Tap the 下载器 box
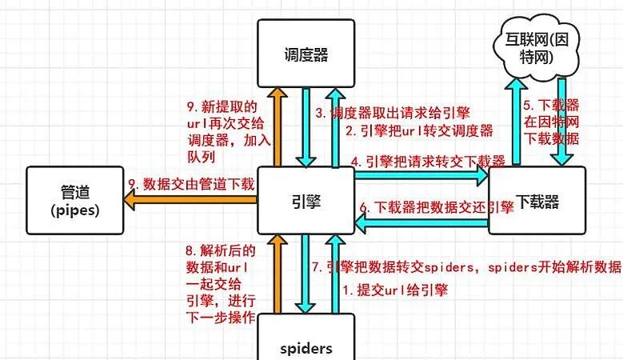point(537,201)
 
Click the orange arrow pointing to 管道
point(192,202)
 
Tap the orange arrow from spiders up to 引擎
point(276,272)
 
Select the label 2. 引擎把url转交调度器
point(417,130)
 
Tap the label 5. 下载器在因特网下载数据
point(551,121)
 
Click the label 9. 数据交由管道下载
point(191,184)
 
